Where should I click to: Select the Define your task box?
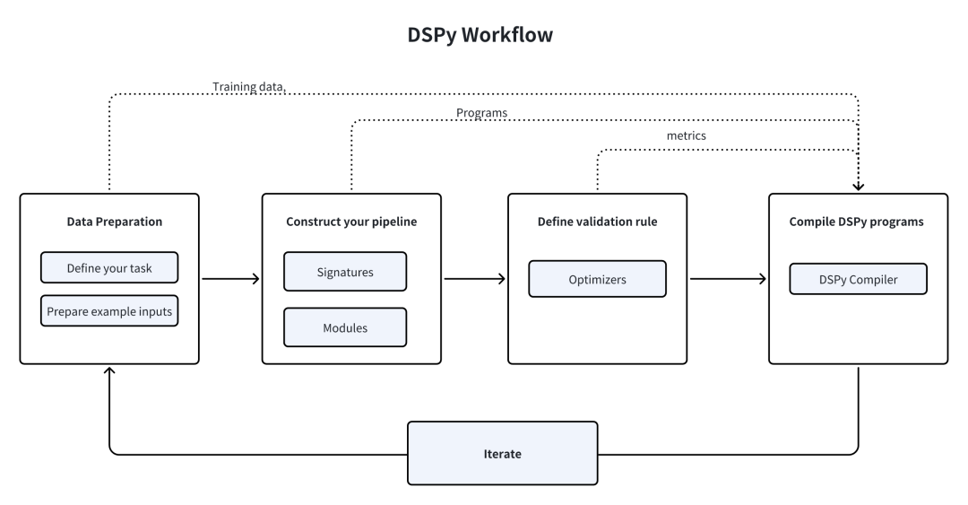tap(109, 267)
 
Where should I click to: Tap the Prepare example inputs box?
tap(109, 310)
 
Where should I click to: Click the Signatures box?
tap(345, 271)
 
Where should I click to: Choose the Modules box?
tap(345, 327)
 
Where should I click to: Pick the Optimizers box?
tap(597, 279)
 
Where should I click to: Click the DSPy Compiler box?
tap(857, 279)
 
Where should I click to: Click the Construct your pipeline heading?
tap(351, 222)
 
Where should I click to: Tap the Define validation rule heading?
tap(597, 222)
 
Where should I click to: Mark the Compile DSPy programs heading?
tap(858, 222)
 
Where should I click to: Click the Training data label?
tap(248, 87)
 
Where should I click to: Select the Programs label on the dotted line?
tap(482, 113)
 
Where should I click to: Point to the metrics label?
tap(687, 135)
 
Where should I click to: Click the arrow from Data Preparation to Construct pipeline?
tap(230, 279)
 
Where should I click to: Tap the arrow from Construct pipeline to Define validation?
tap(475, 279)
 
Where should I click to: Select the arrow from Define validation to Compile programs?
tap(728, 279)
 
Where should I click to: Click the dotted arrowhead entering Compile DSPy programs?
tap(859, 187)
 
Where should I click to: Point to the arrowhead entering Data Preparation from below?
tap(109, 371)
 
